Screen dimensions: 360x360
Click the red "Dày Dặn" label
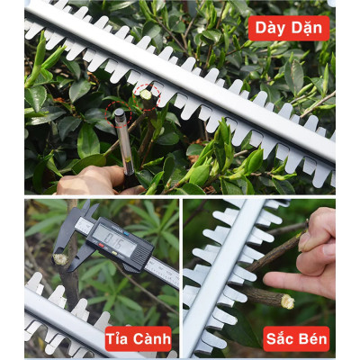pos(288,28)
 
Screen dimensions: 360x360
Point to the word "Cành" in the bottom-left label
pos(153,339)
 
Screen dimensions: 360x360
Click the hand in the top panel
pos(90,180)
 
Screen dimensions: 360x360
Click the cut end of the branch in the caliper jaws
pos(61,259)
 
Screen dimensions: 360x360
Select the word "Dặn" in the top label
pos(307,28)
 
